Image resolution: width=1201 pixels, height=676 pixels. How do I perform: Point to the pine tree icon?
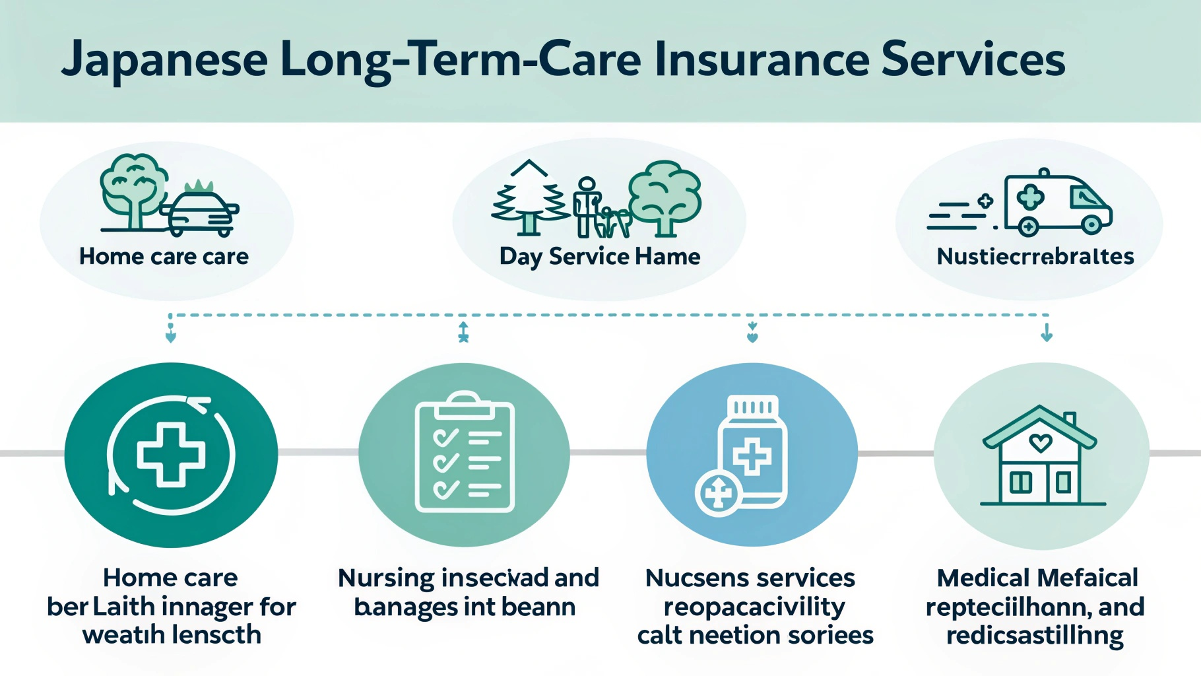[x=529, y=198]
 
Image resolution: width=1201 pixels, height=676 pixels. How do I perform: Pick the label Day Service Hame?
[x=599, y=256]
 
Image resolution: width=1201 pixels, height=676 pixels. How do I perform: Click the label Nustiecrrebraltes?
[x=1035, y=256]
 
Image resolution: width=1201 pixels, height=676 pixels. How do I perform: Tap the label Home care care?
[x=164, y=256]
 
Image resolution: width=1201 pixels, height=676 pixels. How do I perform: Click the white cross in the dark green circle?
[x=171, y=455]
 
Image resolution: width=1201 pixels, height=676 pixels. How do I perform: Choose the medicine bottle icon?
[x=752, y=452]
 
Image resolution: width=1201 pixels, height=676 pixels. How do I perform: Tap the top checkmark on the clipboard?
[x=445, y=437]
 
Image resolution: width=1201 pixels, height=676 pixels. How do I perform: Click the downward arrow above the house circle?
[x=1047, y=332]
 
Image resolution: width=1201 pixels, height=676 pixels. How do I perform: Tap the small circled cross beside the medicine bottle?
[x=718, y=492]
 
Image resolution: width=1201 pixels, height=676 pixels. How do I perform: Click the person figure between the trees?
[x=586, y=206]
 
